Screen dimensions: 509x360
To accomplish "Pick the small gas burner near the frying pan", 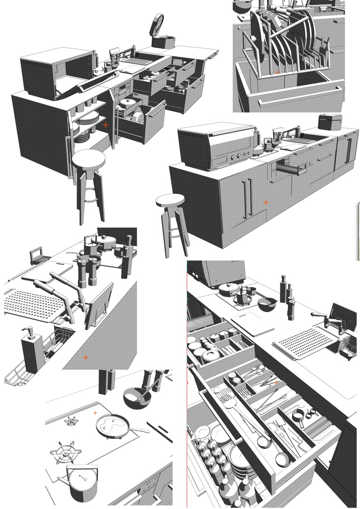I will point(72,422).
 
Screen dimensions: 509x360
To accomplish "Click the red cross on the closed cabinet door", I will point(266,202).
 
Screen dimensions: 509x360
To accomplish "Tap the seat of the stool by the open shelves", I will point(89,159).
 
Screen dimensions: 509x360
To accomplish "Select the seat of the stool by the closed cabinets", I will point(170,201).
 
